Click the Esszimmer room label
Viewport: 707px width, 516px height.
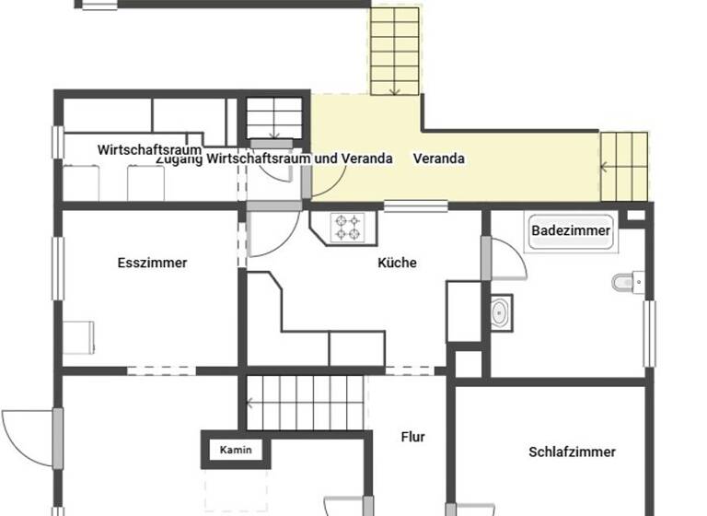pyautogui.click(x=152, y=263)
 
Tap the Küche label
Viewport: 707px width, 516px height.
pyautogui.click(x=397, y=263)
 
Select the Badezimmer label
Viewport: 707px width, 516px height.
pyautogui.click(x=571, y=230)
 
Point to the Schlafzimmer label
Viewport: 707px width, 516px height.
pyautogui.click(x=572, y=451)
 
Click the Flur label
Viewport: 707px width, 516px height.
pyautogui.click(x=412, y=437)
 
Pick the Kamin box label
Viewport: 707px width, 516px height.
pyautogui.click(x=234, y=450)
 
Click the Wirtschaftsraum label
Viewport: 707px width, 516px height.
pyautogui.click(x=149, y=149)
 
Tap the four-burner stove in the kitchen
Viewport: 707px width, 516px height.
pyautogui.click(x=349, y=227)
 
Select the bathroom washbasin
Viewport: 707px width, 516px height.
pyautogui.click(x=501, y=312)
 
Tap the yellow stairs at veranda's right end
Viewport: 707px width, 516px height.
pyautogui.click(x=624, y=166)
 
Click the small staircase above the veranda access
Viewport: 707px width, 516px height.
pyautogui.click(x=274, y=118)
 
